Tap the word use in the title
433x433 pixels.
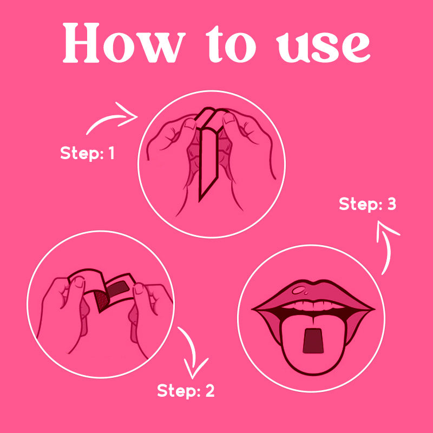click(323, 47)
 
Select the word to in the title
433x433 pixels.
click(231, 44)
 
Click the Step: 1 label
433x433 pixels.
click(87, 153)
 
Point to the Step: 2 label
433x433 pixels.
click(186, 391)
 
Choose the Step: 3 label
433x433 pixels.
click(368, 205)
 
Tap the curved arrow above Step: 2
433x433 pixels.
click(192, 351)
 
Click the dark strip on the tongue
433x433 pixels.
click(313, 341)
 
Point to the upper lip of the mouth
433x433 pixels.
click(313, 294)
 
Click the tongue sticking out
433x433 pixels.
click(313, 345)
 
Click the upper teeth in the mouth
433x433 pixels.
click(313, 306)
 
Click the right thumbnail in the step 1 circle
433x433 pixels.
click(228, 119)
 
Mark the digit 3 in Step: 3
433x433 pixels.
click(392, 204)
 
